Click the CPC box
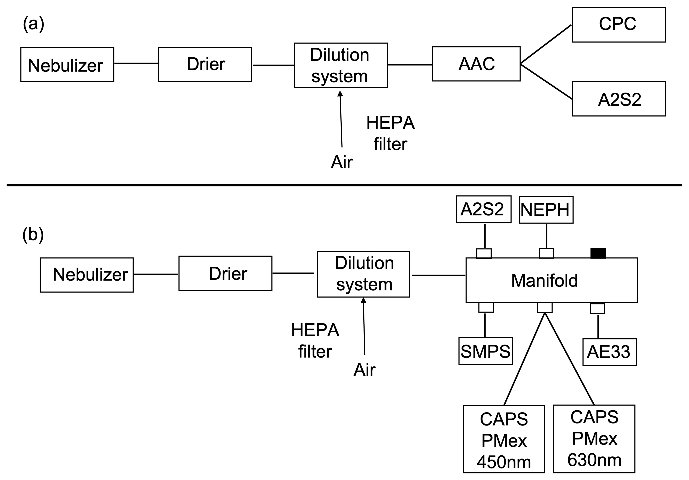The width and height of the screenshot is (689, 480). click(619, 25)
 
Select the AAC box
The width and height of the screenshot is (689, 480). click(476, 64)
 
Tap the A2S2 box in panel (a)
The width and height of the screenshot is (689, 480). click(619, 99)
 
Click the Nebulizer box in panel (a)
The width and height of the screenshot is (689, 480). click(67, 64)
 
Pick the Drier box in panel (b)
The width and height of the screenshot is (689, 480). click(225, 273)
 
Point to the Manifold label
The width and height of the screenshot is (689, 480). click(544, 280)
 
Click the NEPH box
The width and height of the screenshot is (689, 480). click(546, 210)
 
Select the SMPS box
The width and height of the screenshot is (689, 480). click(485, 351)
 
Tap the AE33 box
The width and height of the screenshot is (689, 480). click(609, 352)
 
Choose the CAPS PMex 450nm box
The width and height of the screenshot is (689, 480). click(504, 439)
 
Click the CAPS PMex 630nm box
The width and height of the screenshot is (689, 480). click(594, 439)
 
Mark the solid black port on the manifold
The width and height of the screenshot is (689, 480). click(598, 253)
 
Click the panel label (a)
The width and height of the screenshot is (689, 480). click(33, 24)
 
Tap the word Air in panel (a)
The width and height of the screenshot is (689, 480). click(342, 162)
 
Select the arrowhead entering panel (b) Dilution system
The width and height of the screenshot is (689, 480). click(363, 300)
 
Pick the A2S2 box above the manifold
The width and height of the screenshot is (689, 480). click(483, 209)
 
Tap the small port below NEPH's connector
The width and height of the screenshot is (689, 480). click(546, 253)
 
